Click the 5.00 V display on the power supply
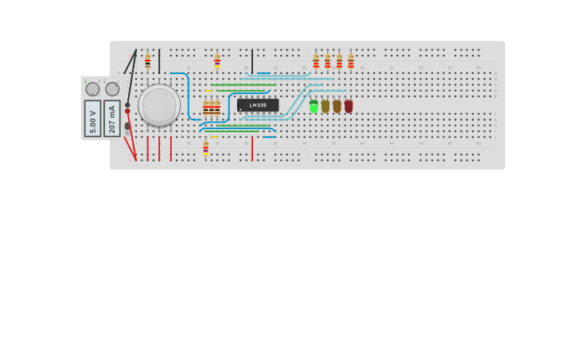tap(93, 118)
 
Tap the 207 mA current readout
tap(112, 118)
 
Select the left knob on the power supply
tap(92, 89)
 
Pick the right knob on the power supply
tap(112, 89)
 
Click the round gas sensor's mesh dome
tap(159, 105)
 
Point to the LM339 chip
tap(258, 105)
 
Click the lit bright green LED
tap(314, 106)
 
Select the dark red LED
tap(349, 106)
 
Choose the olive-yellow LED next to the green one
tap(326, 106)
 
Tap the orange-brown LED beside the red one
tap(337, 106)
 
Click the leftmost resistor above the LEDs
tap(316, 61)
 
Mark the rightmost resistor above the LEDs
tap(350, 61)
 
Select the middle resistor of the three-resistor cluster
tap(211, 109)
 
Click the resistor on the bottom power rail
tap(205, 148)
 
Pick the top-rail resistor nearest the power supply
tap(147, 61)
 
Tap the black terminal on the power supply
tap(127, 105)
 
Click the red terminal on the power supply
tap(127, 112)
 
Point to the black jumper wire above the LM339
tap(252, 61)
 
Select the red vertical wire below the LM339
tap(252, 148)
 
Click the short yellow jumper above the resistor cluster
tap(209, 91)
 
